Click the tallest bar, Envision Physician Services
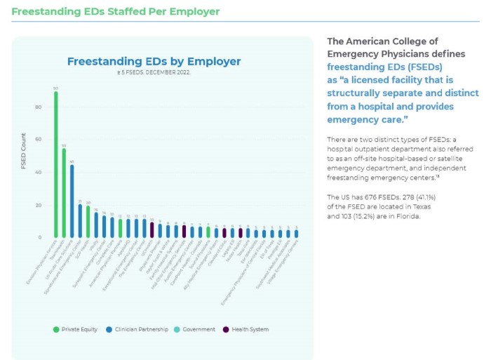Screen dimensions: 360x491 (56, 165)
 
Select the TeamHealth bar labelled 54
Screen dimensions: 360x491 (64, 193)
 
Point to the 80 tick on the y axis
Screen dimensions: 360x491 (39, 107)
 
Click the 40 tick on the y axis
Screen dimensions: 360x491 (39, 173)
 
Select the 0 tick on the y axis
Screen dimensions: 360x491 (40, 238)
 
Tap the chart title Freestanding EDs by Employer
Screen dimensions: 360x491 (154, 62)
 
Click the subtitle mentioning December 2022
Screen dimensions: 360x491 (154, 72)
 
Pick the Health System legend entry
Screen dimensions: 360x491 (246, 329)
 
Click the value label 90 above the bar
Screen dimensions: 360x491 (56, 88)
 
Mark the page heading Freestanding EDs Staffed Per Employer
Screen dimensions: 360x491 (116, 12)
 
